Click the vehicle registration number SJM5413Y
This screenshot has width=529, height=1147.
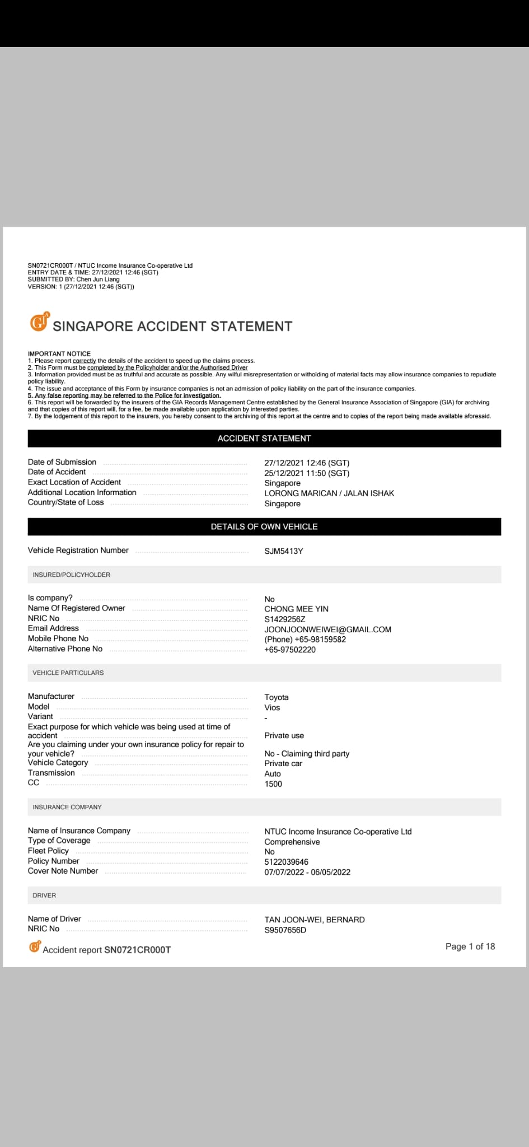point(284,551)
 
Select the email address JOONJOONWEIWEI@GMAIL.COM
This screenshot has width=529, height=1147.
point(327,630)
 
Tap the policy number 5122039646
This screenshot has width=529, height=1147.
point(286,862)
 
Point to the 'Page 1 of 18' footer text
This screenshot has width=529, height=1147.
point(470,946)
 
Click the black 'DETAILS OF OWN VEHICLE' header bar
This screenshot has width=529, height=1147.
point(264,527)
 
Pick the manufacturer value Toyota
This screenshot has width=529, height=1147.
point(277,697)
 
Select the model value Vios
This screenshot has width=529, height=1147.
point(272,707)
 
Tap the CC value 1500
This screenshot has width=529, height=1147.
point(273,784)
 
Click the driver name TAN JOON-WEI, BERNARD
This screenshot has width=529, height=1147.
point(314,920)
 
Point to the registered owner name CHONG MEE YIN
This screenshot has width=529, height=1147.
point(296,609)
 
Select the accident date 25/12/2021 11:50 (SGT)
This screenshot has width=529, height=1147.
point(307,473)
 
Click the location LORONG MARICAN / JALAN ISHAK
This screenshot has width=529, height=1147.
point(329,493)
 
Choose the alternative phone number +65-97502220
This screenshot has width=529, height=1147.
point(290,650)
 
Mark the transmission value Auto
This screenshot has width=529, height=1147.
point(273,774)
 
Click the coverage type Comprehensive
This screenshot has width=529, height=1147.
point(292,842)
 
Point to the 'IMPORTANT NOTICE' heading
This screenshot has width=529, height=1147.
point(59,353)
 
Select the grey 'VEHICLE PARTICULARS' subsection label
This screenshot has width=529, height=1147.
point(68,673)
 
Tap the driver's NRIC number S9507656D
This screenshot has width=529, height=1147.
point(285,930)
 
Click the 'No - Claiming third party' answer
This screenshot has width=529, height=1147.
point(307,754)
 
